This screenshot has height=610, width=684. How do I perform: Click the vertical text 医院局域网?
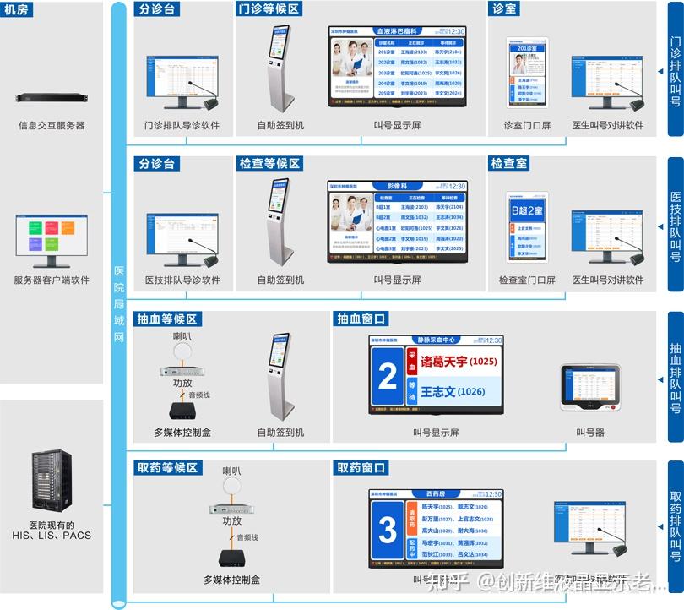pyautogui.click(x=119, y=304)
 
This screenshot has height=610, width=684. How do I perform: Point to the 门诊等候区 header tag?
pyautogui.click(x=269, y=8)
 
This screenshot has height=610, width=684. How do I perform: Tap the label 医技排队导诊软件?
pyautogui.click(x=182, y=280)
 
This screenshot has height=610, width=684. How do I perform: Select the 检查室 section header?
pyautogui.click(x=508, y=162)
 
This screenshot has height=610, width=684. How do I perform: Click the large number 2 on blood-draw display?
pyautogui.click(x=388, y=376)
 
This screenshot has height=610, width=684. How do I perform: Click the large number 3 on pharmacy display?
pyautogui.click(x=388, y=531)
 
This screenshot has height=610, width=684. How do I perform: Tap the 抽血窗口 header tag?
pyautogui.click(x=362, y=318)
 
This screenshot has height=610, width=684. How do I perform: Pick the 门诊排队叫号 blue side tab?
pyautogui.click(x=675, y=70)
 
